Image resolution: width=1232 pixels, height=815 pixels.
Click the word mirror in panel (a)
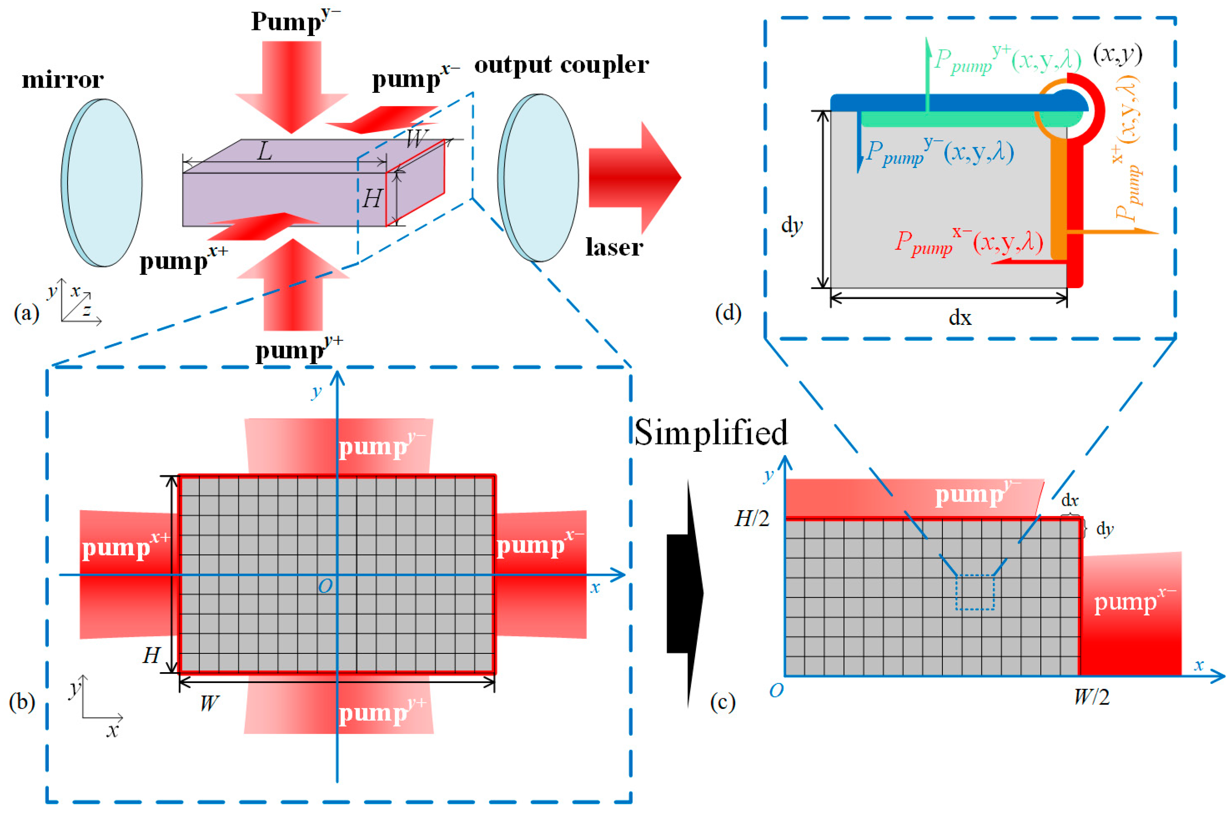pos(62,80)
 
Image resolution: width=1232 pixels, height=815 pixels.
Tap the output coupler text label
pos(561,65)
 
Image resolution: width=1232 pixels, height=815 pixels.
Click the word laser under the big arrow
pos(614,247)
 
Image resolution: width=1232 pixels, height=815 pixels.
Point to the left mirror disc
pos(102,183)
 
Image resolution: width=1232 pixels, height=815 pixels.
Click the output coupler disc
pos(539,178)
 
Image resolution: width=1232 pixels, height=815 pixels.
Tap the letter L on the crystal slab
pos(264,152)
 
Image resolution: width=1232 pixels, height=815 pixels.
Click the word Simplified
pos(710,433)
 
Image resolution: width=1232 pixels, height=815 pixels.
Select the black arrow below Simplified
pos(686,593)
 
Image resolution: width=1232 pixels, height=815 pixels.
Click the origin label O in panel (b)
pos(325,586)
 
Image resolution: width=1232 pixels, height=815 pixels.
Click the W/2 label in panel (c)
pos(1091,697)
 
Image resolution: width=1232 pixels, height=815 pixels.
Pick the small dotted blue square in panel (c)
pos(975,592)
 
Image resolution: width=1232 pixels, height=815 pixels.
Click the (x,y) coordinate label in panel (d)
pos(1117,54)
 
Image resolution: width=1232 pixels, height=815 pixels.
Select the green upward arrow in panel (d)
pos(928,73)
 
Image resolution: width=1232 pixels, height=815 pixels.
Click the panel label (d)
pos(728,313)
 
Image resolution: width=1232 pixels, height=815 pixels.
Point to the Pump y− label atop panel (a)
pos(295,21)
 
